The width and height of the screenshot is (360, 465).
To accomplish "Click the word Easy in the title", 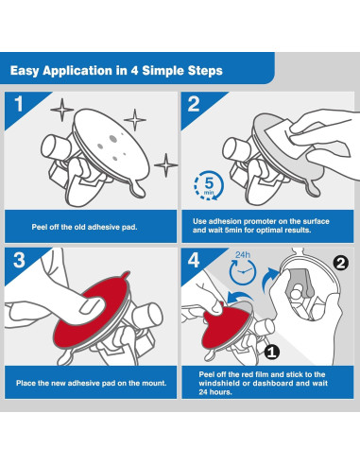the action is [25, 71].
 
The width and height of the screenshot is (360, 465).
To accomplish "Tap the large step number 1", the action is [19, 104].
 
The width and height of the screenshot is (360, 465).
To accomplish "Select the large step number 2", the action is [194, 104].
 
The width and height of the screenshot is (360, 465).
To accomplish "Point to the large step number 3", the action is [19, 260].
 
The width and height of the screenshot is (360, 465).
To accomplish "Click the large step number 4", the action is [194, 260].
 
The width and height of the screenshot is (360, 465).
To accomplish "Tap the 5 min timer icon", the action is [209, 185].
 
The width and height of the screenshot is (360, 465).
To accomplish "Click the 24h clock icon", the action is [243, 268].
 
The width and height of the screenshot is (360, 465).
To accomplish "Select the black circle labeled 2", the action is [340, 263].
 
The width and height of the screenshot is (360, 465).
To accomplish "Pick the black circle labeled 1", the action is [272, 352].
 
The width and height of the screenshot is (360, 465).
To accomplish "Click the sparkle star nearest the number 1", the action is [61, 110].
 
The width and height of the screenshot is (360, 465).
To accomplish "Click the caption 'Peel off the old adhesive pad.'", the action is [84, 227].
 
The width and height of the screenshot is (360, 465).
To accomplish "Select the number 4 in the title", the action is [134, 71].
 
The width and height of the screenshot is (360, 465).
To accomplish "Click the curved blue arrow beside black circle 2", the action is [268, 278].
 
